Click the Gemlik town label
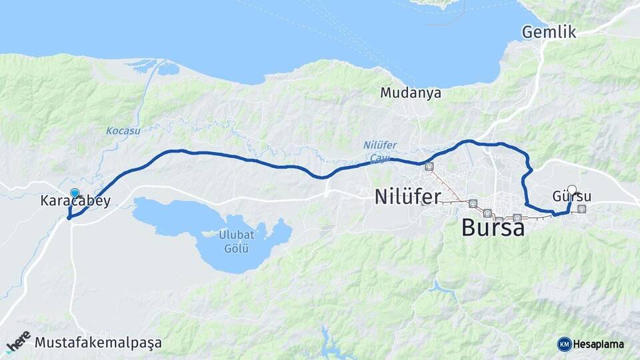(549, 32)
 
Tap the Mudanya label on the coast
(411, 93)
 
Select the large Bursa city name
(493, 227)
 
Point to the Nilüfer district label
(407, 197)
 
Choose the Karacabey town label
(75, 201)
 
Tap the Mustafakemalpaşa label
(98, 343)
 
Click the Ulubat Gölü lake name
(235, 241)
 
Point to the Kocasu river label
(123, 131)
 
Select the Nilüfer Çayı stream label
(380, 152)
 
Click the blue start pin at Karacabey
(75, 193)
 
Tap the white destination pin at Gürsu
(571, 189)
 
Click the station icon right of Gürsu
(582, 209)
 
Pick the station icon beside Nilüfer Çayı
(428, 167)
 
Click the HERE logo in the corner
(18, 341)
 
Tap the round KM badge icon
(564, 344)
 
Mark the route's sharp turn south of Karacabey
(69, 217)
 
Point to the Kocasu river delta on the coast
(157, 67)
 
